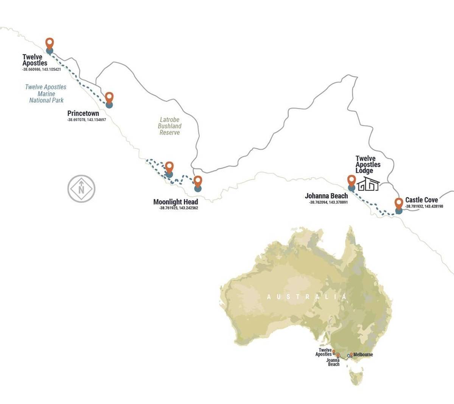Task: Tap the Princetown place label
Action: coord(83,113)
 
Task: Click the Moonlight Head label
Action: coord(176,202)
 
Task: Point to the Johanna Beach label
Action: coord(326,196)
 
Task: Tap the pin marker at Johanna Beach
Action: coord(351,181)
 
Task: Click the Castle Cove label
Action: coord(421,200)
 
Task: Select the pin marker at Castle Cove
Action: coord(398,204)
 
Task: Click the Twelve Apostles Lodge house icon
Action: coord(368,184)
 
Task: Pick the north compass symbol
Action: coord(81,189)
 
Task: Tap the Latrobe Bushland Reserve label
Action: coord(169,126)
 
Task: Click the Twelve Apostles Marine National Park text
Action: coord(46,94)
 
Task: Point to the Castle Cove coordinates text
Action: coord(424,206)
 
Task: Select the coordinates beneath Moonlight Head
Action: coord(179,208)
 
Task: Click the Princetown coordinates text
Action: coord(87,120)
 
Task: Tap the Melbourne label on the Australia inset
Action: coord(363,354)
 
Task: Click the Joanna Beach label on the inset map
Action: coord(333,362)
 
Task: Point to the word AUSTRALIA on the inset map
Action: coord(306,297)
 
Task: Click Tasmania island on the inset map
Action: coord(356,377)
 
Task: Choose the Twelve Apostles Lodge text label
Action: coord(368,165)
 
